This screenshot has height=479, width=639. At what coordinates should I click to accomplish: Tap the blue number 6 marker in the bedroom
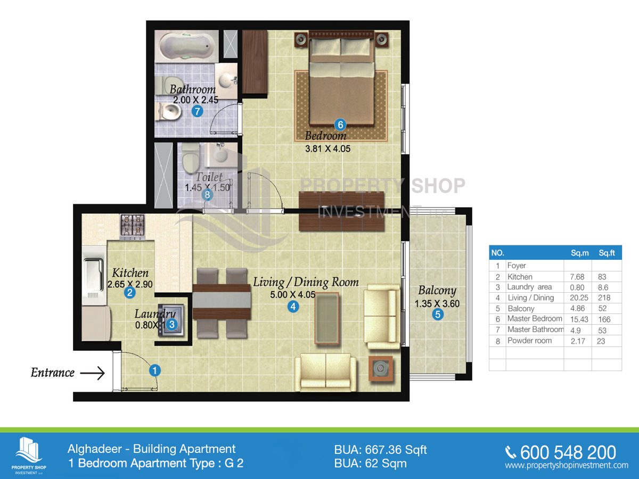(x=340, y=125)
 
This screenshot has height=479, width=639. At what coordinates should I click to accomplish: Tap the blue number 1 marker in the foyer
(x=154, y=370)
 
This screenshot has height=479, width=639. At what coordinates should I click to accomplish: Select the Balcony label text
(x=437, y=291)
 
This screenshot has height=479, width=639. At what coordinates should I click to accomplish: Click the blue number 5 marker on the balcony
(x=438, y=315)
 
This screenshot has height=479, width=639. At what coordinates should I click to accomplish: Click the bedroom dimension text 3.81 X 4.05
(x=327, y=149)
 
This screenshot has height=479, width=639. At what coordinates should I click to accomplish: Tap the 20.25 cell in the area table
(x=578, y=298)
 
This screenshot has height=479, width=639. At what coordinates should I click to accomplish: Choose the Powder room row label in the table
(x=529, y=341)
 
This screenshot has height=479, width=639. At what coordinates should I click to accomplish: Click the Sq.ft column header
(x=606, y=253)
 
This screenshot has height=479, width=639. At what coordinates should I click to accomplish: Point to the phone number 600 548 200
(x=568, y=452)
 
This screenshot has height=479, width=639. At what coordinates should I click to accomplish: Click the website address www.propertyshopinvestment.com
(x=567, y=466)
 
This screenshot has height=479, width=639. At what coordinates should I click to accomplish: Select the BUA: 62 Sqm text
(x=370, y=463)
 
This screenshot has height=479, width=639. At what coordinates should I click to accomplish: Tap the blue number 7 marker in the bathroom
(x=197, y=111)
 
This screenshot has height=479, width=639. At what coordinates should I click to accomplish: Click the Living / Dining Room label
(x=306, y=282)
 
